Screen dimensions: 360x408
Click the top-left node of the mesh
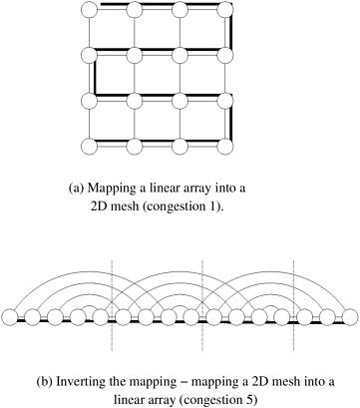coord(89,9)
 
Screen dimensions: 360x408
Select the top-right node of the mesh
coord(225,9)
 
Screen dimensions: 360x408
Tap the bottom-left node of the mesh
coord(89,147)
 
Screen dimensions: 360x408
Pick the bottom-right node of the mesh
coord(225,147)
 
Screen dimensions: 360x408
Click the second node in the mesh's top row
coord(135,9)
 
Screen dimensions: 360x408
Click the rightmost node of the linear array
coord(350,317)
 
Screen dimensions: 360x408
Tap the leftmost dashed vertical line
coord(112,306)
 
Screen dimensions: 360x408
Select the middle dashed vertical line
coord(202,306)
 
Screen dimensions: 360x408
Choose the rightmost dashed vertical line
coord(293,306)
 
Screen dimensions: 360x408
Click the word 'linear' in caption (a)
coord(160,189)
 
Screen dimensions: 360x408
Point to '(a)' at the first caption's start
coord(75,189)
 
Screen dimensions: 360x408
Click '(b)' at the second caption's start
coord(43,382)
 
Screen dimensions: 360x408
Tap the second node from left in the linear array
coord(32,317)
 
